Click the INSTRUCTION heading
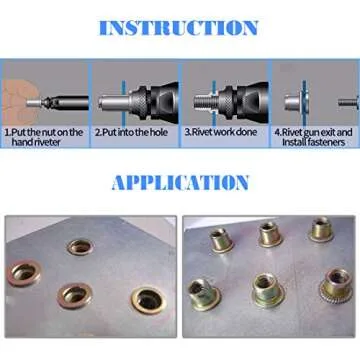pyautogui.click(x=179, y=27)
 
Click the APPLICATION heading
pyautogui.click(x=179, y=182)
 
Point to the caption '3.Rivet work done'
pyautogui.click(x=222, y=131)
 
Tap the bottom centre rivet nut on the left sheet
pyautogui.click(x=75, y=294)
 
